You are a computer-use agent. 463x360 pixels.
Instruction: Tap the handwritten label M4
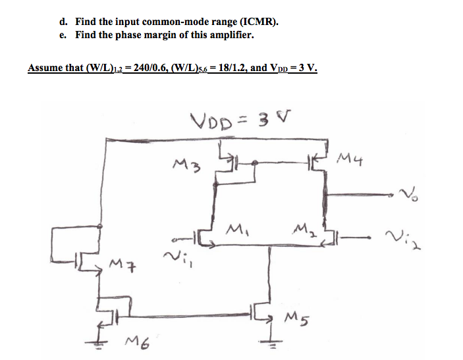(352, 158)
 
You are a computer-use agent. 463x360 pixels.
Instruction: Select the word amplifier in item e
(231, 35)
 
